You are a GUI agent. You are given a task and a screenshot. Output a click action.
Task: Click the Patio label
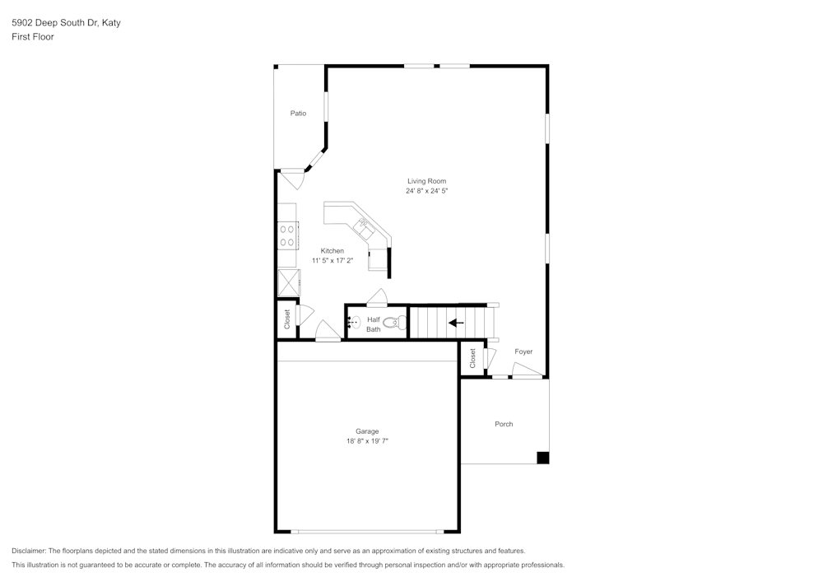pyautogui.click(x=298, y=114)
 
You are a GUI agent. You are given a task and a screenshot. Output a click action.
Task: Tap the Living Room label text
pyautogui.click(x=426, y=181)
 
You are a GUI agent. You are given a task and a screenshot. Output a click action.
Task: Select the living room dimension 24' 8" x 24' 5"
pyautogui.click(x=426, y=191)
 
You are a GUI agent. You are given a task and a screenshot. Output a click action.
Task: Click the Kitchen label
pyautogui.click(x=332, y=251)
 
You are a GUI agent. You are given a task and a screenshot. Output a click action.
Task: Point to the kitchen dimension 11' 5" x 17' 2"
pyautogui.click(x=332, y=261)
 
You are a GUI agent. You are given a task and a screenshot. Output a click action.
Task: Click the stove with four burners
pyautogui.click(x=287, y=236)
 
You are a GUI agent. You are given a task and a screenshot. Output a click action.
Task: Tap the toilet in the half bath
pyautogui.click(x=393, y=324)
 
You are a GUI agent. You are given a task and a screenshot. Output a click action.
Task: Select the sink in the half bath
pyautogui.click(x=352, y=323)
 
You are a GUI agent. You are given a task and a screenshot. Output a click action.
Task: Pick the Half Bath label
pyautogui.click(x=374, y=324)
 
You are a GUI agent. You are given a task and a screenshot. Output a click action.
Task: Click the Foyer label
pyautogui.click(x=523, y=352)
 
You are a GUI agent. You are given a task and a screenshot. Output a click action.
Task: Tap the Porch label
pyautogui.click(x=504, y=424)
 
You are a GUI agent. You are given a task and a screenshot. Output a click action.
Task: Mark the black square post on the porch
pyautogui.click(x=542, y=458)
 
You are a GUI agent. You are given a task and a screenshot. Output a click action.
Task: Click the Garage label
pyautogui.click(x=367, y=431)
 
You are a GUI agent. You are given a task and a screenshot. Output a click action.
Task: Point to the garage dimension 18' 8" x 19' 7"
pyautogui.click(x=367, y=441)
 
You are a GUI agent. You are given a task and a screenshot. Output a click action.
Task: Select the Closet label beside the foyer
pyautogui.click(x=473, y=358)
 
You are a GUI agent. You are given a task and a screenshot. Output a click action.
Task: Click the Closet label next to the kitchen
pyautogui.click(x=287, y=319)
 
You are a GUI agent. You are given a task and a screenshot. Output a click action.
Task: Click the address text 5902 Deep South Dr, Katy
pyautogui.click(x=66, y=23)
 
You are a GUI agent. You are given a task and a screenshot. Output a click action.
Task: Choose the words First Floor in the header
pyautogui.click(x=33, y=37)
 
